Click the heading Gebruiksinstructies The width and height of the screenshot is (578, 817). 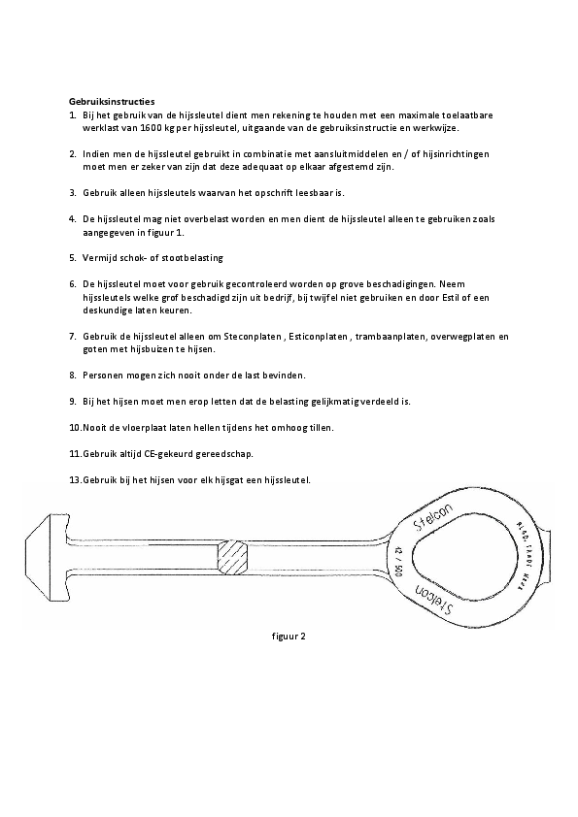click(112, 100)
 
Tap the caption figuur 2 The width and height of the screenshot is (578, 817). click(289, 637)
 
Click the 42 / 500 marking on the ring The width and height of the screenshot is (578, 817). click(398, 562)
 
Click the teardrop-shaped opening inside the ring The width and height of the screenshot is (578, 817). click(449, 560)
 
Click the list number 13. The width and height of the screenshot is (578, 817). click(74, 479)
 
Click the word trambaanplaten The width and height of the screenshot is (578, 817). click(367, 336)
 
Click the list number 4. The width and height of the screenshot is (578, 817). click(73, 219)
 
